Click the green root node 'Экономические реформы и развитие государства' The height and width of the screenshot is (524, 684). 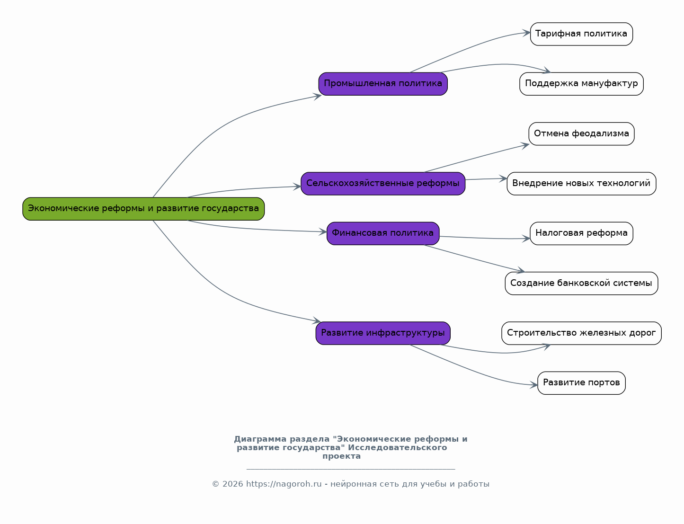[143, 209]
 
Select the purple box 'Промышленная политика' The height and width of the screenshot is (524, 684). [383, 84]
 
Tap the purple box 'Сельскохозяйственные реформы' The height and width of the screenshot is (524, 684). [383, 184]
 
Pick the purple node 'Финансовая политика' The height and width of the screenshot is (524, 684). [383, 233]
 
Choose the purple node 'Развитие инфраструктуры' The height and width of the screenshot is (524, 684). [383, 333]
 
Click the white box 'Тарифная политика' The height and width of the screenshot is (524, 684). [581, 34]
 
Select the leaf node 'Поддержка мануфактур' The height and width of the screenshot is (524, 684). [581, 84]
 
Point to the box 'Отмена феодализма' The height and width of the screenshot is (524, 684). [581, 134]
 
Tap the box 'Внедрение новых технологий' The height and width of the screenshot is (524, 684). [581, 184]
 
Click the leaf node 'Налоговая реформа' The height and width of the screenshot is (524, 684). [581, 233]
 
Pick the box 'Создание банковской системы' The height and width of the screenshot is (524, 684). [581, 283]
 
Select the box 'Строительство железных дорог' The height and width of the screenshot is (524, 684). [581, 333]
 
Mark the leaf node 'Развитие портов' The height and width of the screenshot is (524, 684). [581, 382]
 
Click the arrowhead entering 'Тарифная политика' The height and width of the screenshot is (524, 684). [527, 33]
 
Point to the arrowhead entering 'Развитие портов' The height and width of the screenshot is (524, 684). [534, 384]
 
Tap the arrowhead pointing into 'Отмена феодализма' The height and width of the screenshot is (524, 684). [525, 145]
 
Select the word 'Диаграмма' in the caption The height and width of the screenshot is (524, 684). [260, 439]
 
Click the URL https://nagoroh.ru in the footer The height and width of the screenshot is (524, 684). [284, 484]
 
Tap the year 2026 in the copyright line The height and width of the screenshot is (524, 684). [232, 484]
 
